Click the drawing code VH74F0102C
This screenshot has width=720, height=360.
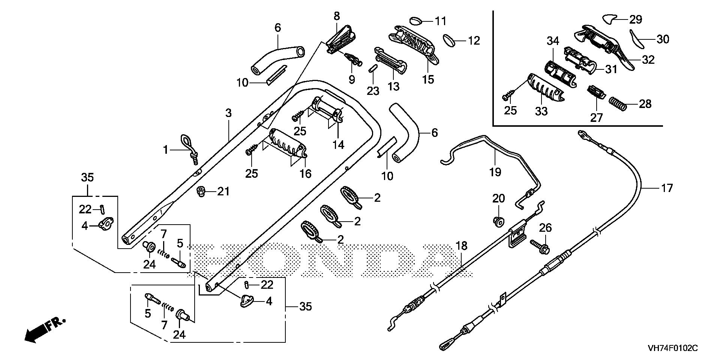(673, 348)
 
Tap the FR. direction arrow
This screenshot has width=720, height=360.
(44, 330)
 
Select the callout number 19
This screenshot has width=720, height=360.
(495, 172)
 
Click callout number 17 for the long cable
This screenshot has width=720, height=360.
(667, 187)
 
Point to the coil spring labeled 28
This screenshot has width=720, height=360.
(617, 104)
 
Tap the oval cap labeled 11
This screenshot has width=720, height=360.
(417, 20)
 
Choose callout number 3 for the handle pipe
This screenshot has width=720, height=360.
(229, 112)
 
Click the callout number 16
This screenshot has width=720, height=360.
(306, 174)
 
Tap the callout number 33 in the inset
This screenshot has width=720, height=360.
(541, 111)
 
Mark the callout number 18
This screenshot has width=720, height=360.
(462, 246)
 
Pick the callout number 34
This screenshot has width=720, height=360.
(552, 41)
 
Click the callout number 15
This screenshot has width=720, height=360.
(428, 79)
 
